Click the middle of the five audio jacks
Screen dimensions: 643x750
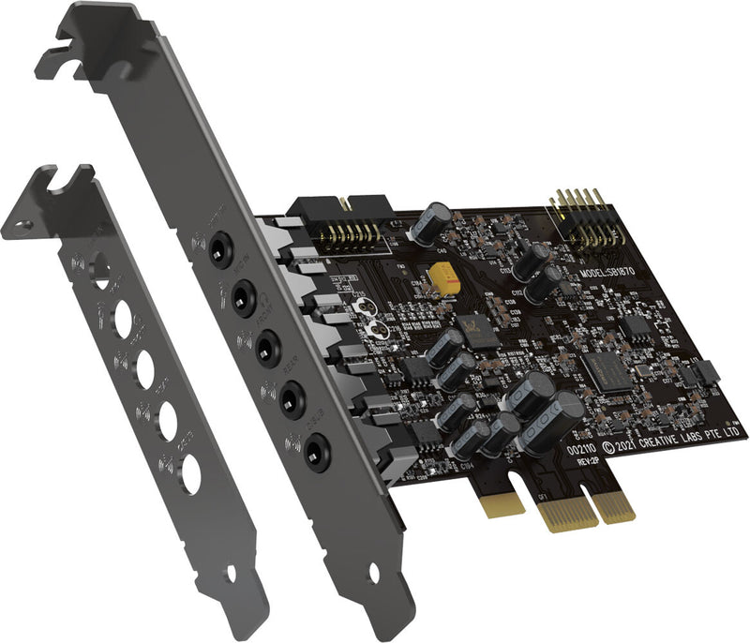tap(267, 346)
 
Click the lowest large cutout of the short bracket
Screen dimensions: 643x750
tap(190, 473)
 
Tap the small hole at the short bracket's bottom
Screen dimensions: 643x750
tap(231, 572)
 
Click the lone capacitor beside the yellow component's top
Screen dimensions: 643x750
tap(434, 225)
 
